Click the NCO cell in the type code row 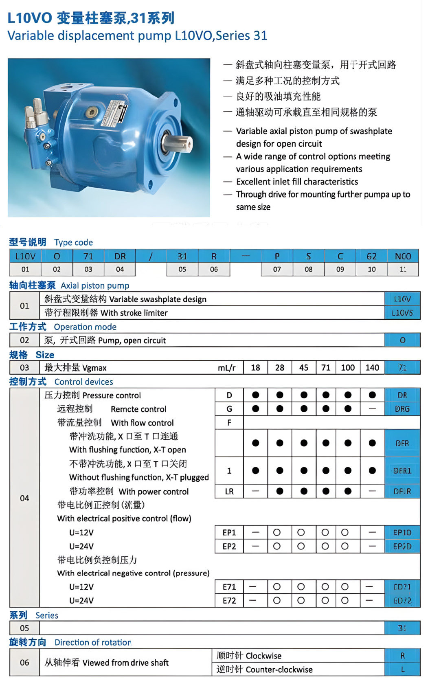pos(403,256)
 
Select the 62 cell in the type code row pos(371,256)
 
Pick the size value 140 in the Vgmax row pos(372,368)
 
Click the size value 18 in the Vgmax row pos(255,368)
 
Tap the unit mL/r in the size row pos(226,368)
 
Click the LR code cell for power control pos(229,492)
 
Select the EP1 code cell pos(229,532)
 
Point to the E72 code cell pos(229,600)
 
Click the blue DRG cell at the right pos(402,409)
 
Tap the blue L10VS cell pos(402,313)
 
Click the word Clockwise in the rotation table pos(263,656)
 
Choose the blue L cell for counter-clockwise pos(402,670)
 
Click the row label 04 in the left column pos(24,498)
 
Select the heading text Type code pos(73,242)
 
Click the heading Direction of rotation pos(93,642)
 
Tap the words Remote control pos(138,409)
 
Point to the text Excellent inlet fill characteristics pos(297,182)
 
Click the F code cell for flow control pos(229,423)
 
